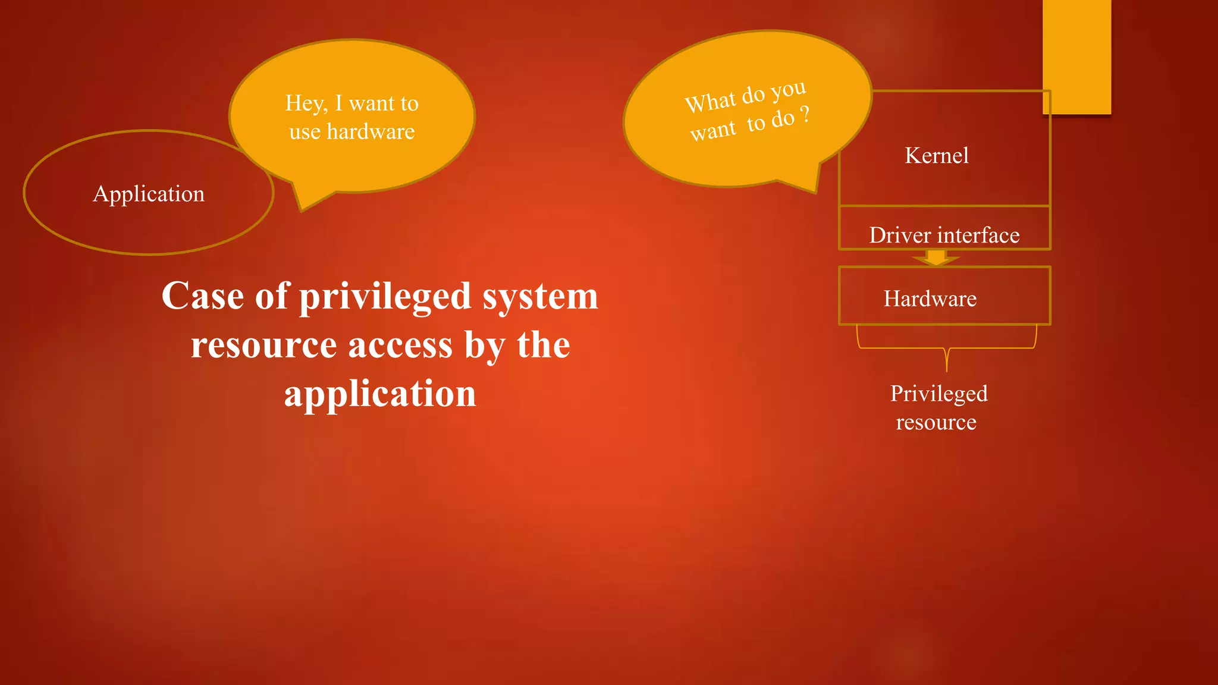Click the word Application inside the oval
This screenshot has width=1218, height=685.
(x=149, y=194)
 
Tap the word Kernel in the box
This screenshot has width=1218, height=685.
(x=936, y=156)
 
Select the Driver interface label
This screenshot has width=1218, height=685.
(x=944, y=235)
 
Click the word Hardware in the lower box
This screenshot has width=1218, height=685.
(x=930, y=298)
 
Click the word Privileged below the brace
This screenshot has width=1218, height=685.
(x=938, y=394)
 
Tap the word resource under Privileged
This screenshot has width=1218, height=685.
(x=936, y=422)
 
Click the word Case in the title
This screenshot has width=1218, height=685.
(x=203, y=296)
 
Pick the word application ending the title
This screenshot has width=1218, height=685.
(x=380, y=394)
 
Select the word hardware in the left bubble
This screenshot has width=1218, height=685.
(x=371, y=132)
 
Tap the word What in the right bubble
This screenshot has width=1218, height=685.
(x=710, y=102)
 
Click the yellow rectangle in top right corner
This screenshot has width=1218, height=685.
(x=1076, y=56)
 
